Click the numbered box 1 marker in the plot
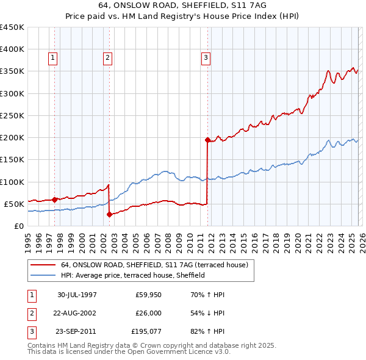[53, 58]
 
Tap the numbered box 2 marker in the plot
[107, 58]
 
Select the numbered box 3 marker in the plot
[206, 58]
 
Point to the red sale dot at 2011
[207, 140]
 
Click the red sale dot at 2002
[109, 214]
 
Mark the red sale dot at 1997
[55, 199]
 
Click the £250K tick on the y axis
[12, 115]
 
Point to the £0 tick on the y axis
[18, 226]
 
